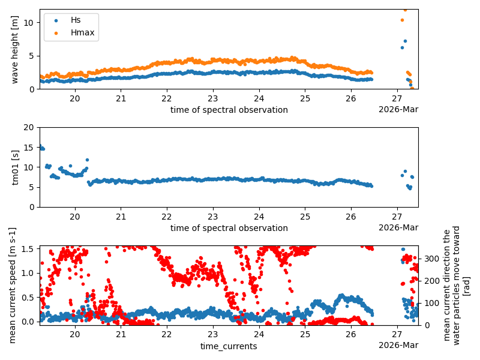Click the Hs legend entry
pos(75,20)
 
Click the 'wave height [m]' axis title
pos(15,49)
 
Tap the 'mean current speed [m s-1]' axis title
pos(13,285)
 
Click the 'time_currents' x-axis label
pos(229,346)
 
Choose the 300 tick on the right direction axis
pos(428,259)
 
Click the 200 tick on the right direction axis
pos(428,281)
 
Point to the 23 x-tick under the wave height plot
pos(213,99)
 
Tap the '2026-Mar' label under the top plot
pos(398,109)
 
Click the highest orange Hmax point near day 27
pos(405,10)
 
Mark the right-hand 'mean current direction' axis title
pos(457,285)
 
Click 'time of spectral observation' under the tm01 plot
pos(229,228)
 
